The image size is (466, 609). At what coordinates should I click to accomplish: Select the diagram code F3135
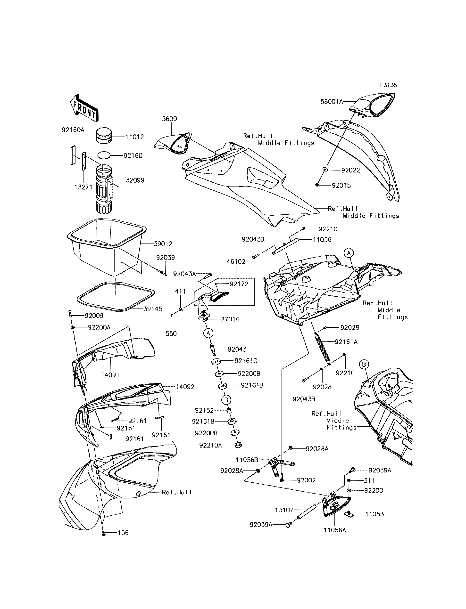point(388,85)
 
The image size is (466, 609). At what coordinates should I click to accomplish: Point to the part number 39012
point(163,244)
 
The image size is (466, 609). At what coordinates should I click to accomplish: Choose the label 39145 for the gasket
point(153,309)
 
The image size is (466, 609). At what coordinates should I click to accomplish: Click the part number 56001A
point(332,102)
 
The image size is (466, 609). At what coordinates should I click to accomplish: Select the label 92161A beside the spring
point(346,342)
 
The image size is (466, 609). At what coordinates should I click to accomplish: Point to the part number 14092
point(185,387)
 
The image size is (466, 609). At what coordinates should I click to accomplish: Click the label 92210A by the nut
point(210,445)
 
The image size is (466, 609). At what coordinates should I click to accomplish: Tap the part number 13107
point(284,510)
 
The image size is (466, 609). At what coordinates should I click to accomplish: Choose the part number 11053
point(374,514)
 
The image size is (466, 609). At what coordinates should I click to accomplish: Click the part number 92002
point(306,480)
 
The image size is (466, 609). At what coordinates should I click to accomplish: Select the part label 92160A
point(73,130)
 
